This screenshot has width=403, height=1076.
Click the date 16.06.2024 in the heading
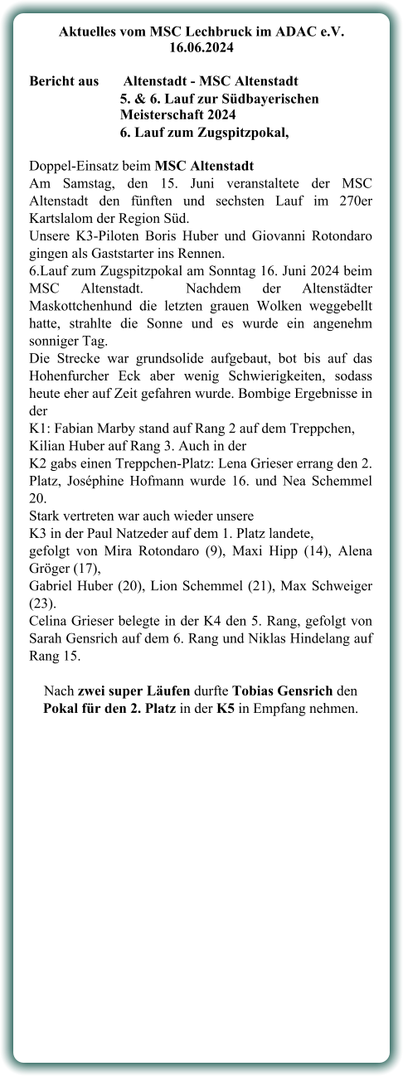pos(201,48)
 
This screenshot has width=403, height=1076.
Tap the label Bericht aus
pos(64,81)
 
